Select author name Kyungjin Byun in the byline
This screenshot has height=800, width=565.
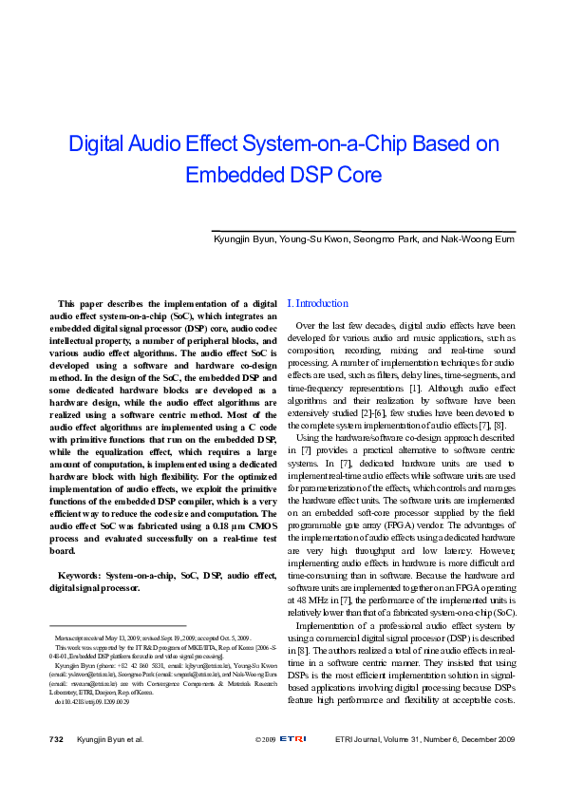(242, 241)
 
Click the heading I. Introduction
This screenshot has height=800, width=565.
(317, 303)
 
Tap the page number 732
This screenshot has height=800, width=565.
(56, 738)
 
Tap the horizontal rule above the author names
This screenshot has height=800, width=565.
(361, 231)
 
